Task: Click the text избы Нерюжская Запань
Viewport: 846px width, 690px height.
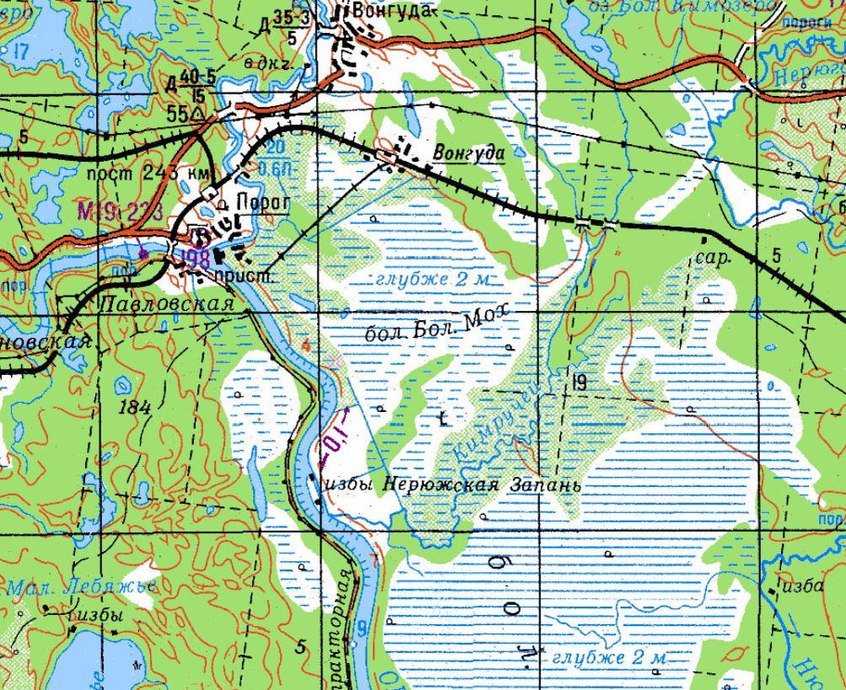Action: coord(453,485)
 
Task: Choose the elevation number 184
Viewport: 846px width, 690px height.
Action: coord(135,408)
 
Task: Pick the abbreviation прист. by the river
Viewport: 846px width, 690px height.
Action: coord(241,275)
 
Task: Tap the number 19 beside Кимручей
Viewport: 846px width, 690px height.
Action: coord(578,383)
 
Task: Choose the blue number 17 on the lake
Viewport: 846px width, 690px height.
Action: coord(21,52)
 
